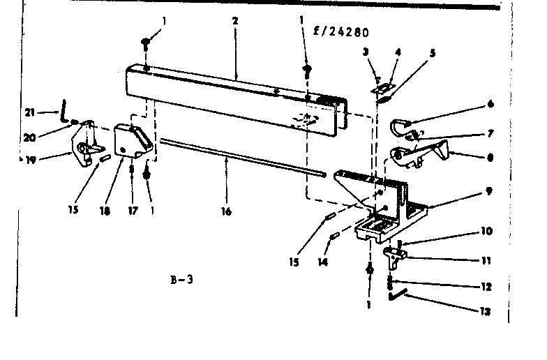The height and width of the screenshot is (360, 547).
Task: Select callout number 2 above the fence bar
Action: (x=235, y=21)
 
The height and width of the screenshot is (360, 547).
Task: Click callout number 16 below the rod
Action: (x=227, y=211)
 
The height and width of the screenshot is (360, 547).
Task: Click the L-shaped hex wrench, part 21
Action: (x=63, y=110)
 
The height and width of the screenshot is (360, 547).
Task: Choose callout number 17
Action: (x=131, y=208)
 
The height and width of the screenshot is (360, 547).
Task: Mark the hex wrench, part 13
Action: (x=399, y=297)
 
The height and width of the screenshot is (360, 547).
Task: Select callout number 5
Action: (x=433, y=52)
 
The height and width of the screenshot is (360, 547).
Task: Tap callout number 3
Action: (x=364, y=52)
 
